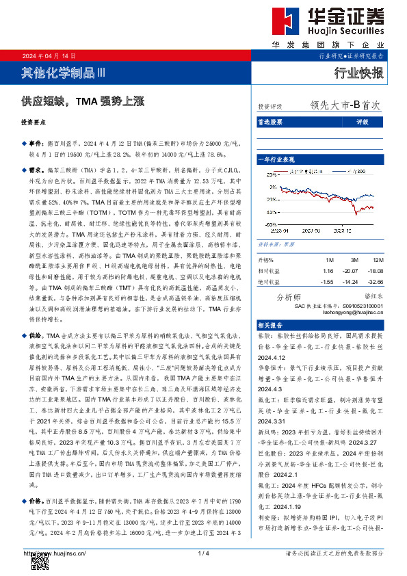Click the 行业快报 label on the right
point(358,73)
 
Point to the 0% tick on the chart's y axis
point(272,197)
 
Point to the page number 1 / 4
point(203,552)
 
